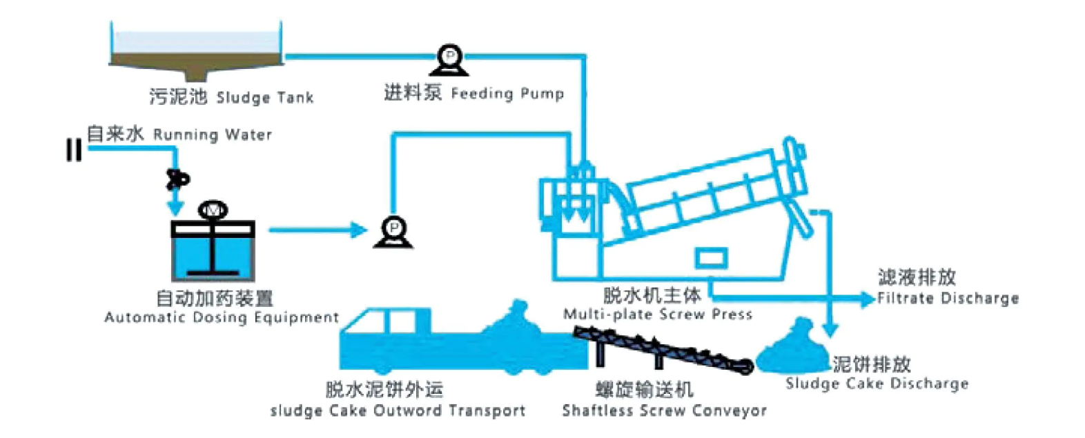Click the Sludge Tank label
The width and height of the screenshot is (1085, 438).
point(231,97)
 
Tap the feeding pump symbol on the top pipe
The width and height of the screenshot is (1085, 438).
point(449,60)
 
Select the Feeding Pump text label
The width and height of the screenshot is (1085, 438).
point(473,92)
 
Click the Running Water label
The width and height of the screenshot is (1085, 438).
point(179,134)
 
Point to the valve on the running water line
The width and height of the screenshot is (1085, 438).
point(177,179)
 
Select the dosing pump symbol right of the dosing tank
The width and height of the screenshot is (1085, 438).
point(393,232)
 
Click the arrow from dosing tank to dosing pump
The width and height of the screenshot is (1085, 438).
point(317,230)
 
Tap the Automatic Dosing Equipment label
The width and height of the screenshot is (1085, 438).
point(221,308)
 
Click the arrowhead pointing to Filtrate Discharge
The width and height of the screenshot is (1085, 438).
point(867,299)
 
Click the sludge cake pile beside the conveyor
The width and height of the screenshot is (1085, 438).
point(794,352)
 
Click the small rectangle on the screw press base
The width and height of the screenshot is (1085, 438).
point(710,258)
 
